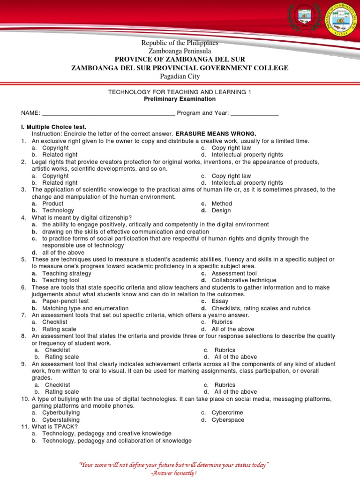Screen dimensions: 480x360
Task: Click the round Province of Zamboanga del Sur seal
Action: (341, 19)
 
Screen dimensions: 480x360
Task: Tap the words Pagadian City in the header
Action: (180, 76)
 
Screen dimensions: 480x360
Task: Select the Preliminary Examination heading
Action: (180, 99)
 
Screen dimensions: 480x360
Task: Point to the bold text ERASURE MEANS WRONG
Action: (216, 134)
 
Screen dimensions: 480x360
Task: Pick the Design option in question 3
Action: (221, 210)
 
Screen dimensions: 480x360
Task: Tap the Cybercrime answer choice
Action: (227, 413)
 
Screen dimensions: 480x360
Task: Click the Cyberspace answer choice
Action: (228, 420)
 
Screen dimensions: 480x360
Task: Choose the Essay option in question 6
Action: (220, 301)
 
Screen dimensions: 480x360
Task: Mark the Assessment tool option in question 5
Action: (234, 273)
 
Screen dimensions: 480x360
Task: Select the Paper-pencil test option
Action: (65, 301)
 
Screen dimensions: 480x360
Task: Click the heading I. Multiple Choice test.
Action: (54, 127)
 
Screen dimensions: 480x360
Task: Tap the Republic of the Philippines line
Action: (180, 43)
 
